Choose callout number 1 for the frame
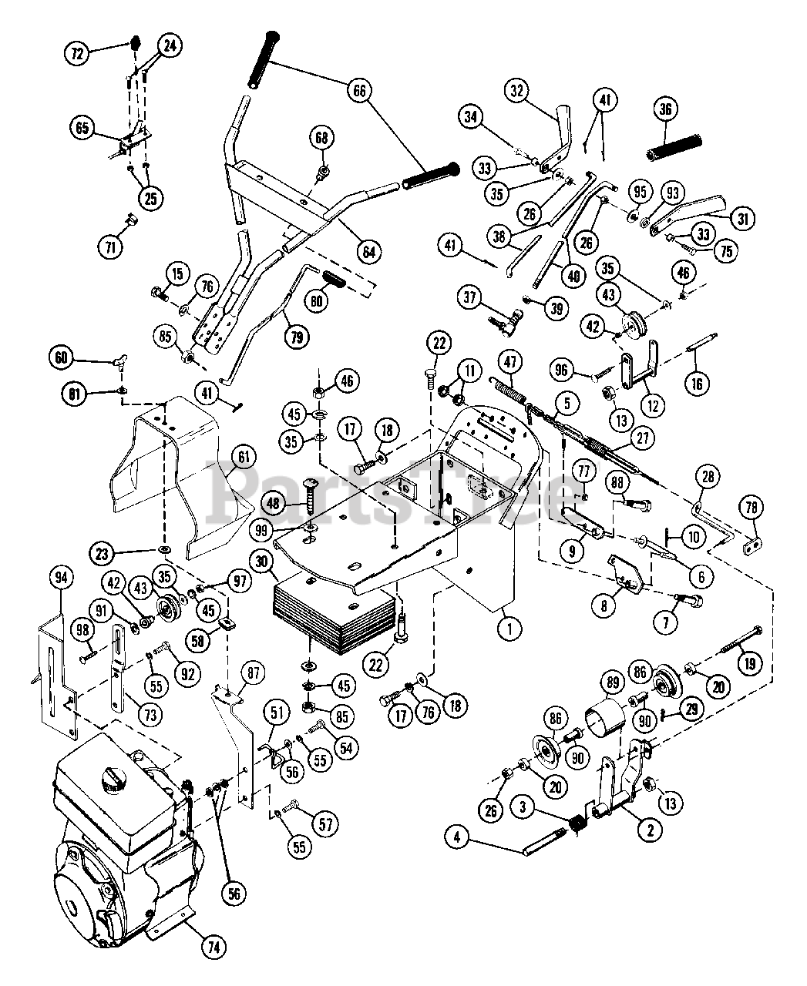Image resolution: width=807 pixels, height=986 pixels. click(507, 629)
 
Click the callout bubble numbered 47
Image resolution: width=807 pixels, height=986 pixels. click(509, 361)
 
